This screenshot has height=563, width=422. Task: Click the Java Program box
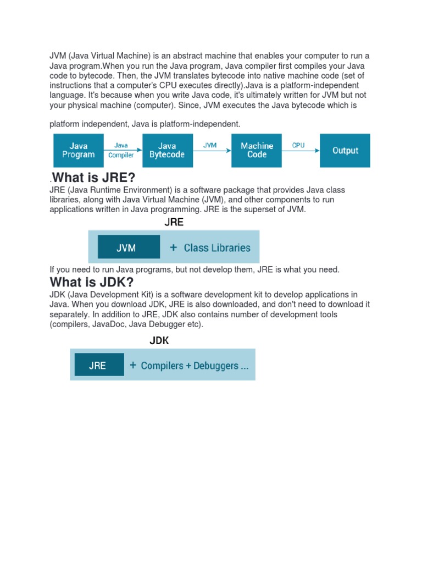tap(78, 151)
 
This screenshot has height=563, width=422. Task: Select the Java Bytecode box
tap(167, 151)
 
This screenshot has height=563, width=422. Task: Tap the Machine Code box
tap(257, 151)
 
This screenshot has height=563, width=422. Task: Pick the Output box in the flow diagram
tap(345, 151)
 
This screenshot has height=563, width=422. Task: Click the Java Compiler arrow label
tap(121, 150)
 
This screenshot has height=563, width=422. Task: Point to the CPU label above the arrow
tap(298, 146)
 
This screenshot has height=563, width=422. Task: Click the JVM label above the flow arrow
tap(210, 146)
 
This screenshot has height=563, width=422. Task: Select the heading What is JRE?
tap(93, 178)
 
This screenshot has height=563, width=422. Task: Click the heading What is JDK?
tap(92, 282)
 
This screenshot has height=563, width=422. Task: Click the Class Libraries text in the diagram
tap(217, 248)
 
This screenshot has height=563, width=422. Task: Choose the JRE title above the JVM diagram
tap(174, 223)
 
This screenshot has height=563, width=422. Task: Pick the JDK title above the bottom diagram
tap(159, 341)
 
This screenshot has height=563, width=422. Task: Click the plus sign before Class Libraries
tap(174, 248)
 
